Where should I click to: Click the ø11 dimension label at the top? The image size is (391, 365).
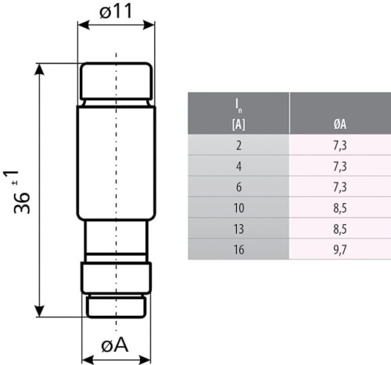tap(115, 12)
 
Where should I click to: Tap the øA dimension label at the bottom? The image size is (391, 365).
tap(115, 345)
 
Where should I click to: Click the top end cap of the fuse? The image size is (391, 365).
tap(116, 81)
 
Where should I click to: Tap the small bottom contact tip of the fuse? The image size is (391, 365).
tap(116, 306)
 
